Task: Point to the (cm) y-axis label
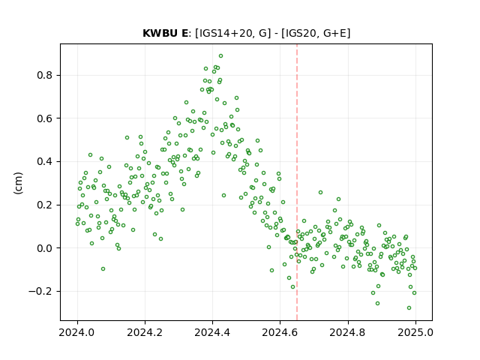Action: [x=18, y=183]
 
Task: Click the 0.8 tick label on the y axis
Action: [x=45, y=75]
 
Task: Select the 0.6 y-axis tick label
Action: [x=45, y=118]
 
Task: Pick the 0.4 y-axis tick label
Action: [x=45, y=161]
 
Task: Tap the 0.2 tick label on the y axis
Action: [x=45, y=205]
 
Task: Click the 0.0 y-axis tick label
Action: [x=45, y=248]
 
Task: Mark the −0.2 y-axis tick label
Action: [x=40, y=291]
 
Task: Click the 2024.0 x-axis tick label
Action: [x=77, y=332]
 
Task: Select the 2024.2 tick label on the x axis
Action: [x=145, y=332]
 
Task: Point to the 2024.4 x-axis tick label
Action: [x=212, y=332]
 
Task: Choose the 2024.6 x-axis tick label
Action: [x=280, y=332]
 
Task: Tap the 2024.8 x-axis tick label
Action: [x=348, y=332]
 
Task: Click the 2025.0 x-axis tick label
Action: [x=415, y=332]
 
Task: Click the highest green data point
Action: [x=220, y=56]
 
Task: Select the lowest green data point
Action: [x=409, y=308]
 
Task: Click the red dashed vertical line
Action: [x=297, y=182]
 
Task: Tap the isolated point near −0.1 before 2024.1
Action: [x=103, y=268]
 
